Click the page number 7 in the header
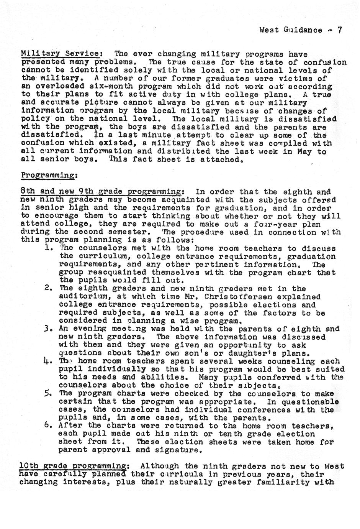339,30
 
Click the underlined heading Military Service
61,54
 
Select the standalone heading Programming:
49,175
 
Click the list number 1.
48,248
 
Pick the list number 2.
48,288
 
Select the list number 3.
48,329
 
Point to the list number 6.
48,426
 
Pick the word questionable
309,402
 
